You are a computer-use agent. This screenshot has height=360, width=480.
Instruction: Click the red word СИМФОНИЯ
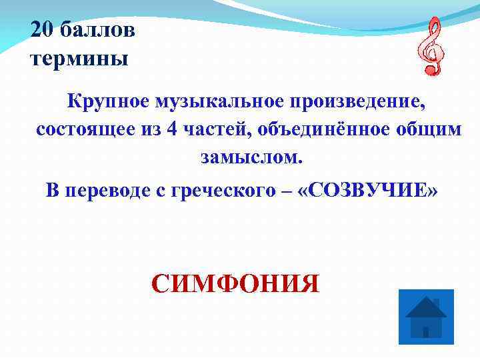(x=235, y=283)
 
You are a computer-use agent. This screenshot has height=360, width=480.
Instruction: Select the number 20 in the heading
(x=43, y=31)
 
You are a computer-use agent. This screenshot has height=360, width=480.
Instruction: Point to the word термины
(x=79, y=59)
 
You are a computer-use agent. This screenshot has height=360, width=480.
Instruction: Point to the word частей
(x=213, y=130)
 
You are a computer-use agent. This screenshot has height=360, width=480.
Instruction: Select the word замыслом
(x=250, y=158)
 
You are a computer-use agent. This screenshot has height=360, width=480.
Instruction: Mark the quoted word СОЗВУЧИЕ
(x=369, y=189)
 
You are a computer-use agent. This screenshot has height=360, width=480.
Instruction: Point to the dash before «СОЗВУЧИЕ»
(x=288, y=190)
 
